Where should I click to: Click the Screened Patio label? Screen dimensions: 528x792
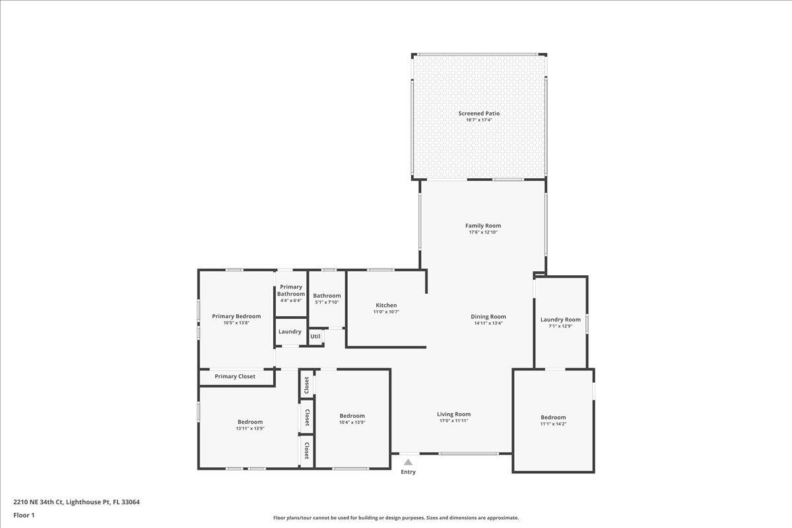coord(479,114)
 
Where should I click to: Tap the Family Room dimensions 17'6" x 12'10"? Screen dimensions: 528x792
coord(483,232)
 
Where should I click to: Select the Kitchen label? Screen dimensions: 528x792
coord(386,305)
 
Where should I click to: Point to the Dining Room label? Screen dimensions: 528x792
coord(488,317)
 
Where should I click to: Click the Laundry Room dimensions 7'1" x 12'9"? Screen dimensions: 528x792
coord(560,326)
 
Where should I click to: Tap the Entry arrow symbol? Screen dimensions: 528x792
coord(409,462)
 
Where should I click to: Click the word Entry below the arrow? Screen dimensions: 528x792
coord(409,472)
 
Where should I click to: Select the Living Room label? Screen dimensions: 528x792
coord(453,414)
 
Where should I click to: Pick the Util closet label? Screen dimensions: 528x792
coord(315,337)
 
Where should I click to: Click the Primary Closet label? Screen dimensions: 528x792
coord(235,376)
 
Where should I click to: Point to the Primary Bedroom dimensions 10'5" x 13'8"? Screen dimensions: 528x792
coord(236,323)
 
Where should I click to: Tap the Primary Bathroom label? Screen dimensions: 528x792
coord(290,290)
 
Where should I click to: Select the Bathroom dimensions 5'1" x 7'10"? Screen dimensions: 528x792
coord(327,302)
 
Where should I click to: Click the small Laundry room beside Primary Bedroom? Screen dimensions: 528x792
coord(290,331)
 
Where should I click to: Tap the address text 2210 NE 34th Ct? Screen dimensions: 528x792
coord(77,502)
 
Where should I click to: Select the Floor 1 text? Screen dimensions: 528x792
coord(24,515)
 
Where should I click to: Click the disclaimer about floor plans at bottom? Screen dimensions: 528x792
coord(396,518)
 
